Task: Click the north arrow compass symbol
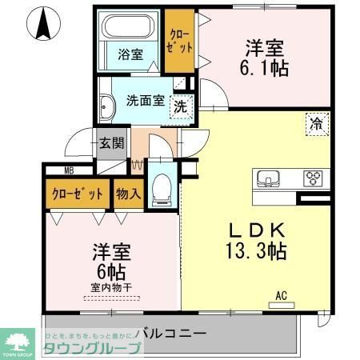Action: pos(42,24)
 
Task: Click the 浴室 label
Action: pos(130,54)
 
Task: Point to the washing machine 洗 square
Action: pos(182,106)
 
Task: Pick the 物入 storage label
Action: pos(128,194)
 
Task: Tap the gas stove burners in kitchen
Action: pos(313,178)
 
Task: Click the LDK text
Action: pos(255,227)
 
